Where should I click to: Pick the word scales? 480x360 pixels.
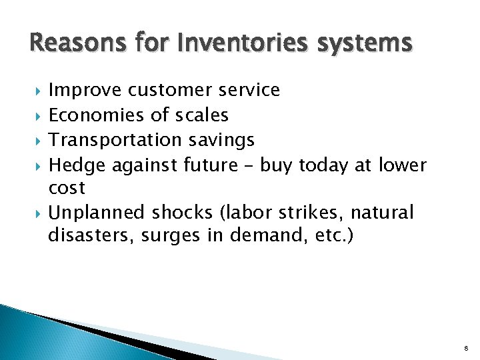point(201,115)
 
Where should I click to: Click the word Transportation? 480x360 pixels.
point(115,140)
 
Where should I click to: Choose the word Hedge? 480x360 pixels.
point(78,165)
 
